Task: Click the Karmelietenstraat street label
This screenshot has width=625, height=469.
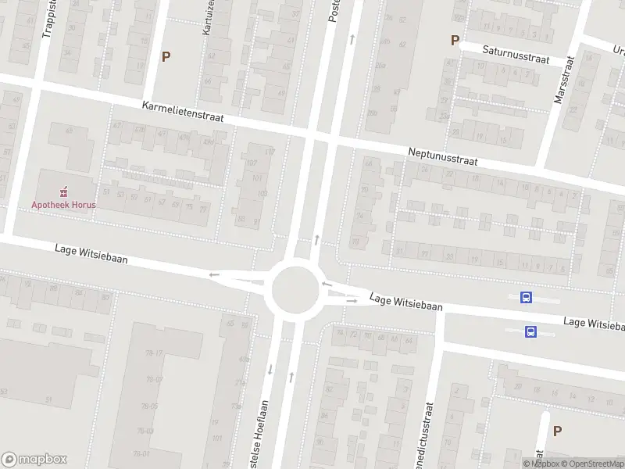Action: click(183, 111)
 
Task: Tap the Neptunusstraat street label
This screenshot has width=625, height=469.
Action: click(442, 156)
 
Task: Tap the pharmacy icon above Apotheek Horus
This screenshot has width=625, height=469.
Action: click(64, 191)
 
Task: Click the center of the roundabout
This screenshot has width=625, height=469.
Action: click(296, 289)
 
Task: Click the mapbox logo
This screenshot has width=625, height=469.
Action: click(34, 460)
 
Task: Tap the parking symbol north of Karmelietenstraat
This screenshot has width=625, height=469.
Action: click(165, 56)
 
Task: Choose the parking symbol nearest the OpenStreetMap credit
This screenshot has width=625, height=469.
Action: click(557, 431)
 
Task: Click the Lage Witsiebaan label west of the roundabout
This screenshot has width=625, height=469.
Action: click(91, 253)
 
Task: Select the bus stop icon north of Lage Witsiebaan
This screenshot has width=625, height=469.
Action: click(527, 297)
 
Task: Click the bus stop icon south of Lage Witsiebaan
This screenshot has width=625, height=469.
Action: click(531, 331)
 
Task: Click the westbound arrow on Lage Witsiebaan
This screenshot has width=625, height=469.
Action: click(214, 274)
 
